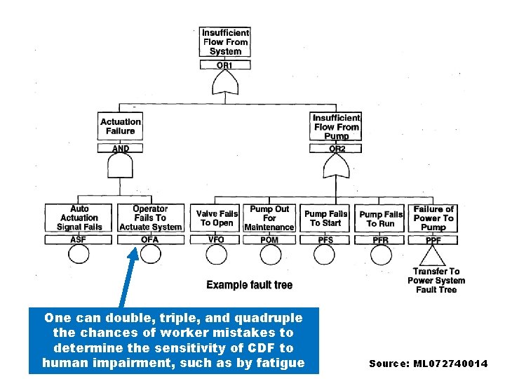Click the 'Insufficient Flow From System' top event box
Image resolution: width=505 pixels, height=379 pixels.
(225, 42)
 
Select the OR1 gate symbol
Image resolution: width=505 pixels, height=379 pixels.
(225, 85)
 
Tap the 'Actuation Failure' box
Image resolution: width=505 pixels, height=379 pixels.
(121, 126)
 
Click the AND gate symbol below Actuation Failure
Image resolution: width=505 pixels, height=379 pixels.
(120, 168)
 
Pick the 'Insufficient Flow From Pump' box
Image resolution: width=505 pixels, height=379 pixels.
(337, 127)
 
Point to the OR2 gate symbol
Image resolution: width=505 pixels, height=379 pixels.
(337, 167)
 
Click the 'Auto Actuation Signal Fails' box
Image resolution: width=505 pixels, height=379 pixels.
(79, 218)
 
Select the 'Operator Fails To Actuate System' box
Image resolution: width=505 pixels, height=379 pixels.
(151, 218)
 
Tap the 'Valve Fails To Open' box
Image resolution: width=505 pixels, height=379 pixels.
(217, 218)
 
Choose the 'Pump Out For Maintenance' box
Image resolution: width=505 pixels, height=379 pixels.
(269, 218)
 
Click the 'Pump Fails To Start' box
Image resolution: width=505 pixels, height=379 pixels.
(325, 218)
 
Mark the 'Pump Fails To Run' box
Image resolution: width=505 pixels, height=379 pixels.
(381, 218)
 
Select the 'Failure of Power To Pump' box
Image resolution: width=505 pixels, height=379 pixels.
(433, 218)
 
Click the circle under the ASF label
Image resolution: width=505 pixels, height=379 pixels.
(79, 254)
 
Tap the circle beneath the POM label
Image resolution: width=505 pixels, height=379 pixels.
(270, 254)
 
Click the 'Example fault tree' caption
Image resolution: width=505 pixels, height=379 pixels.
(249, 285)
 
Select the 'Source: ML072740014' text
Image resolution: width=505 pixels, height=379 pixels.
(428, 363)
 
